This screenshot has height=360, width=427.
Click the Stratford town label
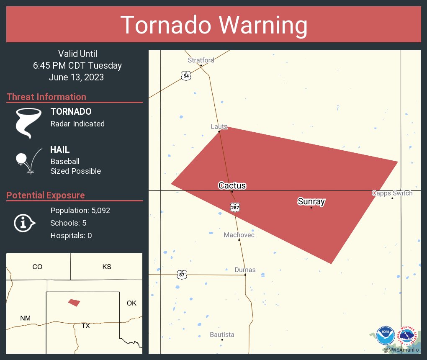[201, 60]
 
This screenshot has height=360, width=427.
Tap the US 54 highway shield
[186, 76]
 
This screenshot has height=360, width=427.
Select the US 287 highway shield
[234, 207]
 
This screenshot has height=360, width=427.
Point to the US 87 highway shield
[182, 275]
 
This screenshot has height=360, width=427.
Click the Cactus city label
[232, 185]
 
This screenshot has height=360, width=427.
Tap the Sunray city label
[311, 201]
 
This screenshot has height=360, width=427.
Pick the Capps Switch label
[392, 193]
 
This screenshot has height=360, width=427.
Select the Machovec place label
[239, 235]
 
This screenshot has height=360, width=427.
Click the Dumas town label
[245, 270]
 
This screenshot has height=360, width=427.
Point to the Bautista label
[222, 334]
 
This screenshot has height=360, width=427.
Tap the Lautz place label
[219, 126]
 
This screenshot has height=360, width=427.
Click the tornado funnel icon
[28, 123]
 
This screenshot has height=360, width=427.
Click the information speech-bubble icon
[24, 223]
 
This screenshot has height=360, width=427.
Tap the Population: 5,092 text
[80, 211]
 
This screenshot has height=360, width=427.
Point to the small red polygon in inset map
[74, 302]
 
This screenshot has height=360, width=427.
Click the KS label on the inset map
[107, 267]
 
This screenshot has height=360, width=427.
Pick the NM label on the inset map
[25, 319]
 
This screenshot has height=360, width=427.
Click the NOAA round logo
[385, 336]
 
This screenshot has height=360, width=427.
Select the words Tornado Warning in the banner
[213, 25]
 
